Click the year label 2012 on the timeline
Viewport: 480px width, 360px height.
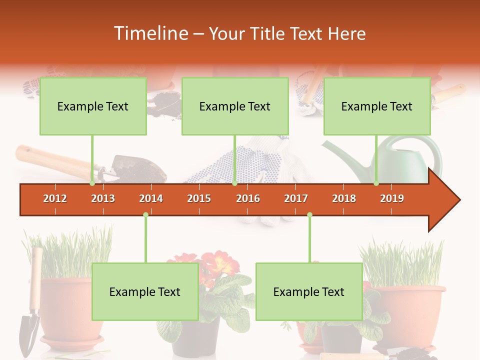(55, 198)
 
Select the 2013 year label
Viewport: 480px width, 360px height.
(103, 198)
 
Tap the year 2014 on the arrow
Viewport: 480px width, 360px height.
(151, 198)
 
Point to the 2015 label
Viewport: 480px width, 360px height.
(199, 198)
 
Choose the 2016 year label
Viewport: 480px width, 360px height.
(248, 198)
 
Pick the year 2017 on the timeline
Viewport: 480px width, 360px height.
(296, 198)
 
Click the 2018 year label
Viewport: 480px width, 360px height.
(344, 198)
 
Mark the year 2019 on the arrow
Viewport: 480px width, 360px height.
(392, 198)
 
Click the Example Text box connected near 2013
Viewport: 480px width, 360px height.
(93, 106)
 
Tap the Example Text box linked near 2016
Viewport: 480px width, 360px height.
(235, 106)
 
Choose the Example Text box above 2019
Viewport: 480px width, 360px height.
(377, 106)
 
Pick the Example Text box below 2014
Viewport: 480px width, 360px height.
(145, 291)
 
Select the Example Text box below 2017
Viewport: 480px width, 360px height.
(309, 291)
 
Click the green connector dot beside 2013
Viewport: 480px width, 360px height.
(92, 183)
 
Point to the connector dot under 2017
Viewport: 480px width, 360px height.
(309, 215)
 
